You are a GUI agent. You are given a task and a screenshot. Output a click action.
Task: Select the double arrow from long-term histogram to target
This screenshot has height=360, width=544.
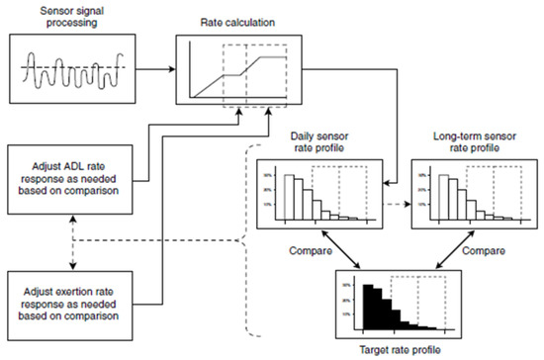[449, 255]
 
